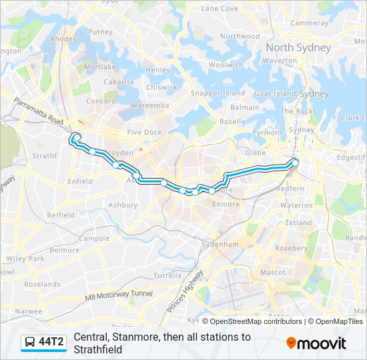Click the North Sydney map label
pos(298,48)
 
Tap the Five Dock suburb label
pos(145,132)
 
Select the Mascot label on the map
pos(273,272)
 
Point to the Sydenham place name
pos(221,245)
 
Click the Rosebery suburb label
pos(291,248)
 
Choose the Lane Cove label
pos(220,9)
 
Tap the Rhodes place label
pos(63,39)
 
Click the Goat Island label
pos(270,94)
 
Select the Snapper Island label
pos(218,93)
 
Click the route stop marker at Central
pos(295,162)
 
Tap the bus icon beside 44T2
pos(30,343)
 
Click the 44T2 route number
pos(51,343)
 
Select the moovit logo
pos(316,343)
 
